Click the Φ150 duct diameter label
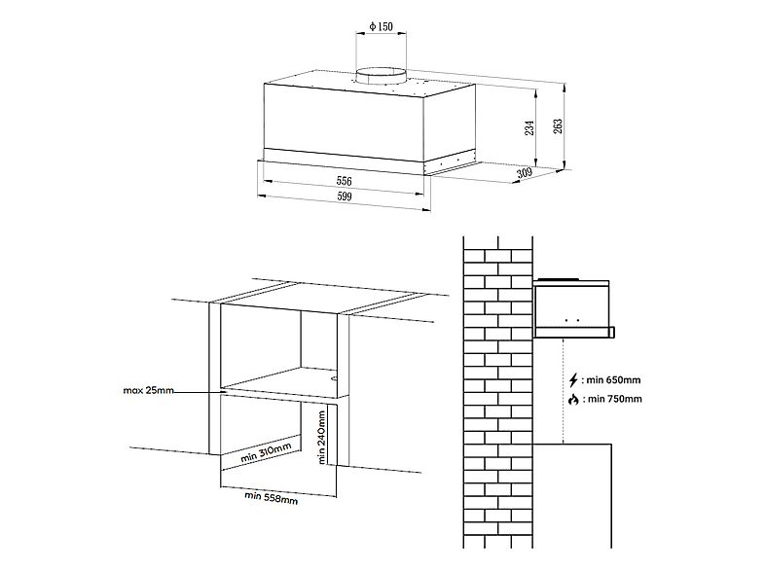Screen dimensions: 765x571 click(381, 26)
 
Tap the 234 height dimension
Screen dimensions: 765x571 click(529, 127)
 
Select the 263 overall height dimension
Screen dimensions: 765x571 click(558, 125)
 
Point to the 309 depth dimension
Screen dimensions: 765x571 click(525, 172)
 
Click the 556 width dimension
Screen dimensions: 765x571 click(344, 181)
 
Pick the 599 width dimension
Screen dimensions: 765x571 click(344, 196)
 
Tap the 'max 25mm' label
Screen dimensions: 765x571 click(148, 390)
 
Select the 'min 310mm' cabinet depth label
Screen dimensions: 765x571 click(266, 453)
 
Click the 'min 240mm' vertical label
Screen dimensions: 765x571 click(321, 437)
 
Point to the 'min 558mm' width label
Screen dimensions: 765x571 click(272, 497)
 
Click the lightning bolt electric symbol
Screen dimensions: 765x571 click(574, 379)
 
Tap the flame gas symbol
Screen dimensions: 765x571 click(574, 400)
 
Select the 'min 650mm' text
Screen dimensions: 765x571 click(614, 379)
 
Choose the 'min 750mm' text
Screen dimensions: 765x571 click(615, 400)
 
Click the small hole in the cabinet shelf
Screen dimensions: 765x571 click(335, 377)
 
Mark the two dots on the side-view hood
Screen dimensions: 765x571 click(571, 320)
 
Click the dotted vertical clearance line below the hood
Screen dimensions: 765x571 click(564, 391)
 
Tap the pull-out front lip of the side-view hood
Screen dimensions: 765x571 click(612, 333)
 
